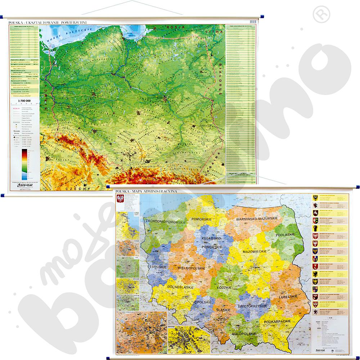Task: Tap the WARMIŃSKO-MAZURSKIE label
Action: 256,219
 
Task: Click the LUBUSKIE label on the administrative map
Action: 157,267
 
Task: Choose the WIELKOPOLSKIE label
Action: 191,268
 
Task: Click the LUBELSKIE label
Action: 288,297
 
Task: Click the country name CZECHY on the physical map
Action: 76,188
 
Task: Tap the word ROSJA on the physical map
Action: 178,27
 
